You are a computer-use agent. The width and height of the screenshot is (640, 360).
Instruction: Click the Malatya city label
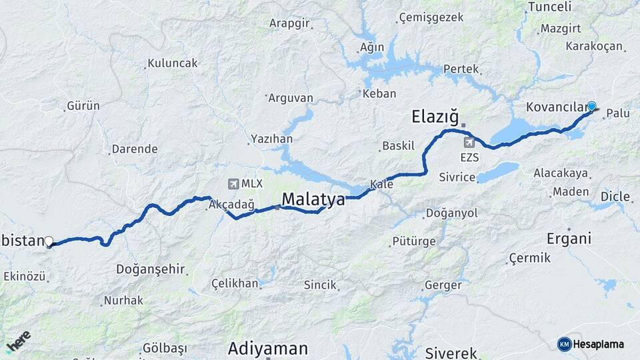coord(313,199)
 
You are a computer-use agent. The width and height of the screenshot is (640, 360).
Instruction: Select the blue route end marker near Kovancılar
coord(591,106)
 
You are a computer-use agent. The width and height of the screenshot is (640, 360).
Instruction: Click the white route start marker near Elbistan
coord(49,241)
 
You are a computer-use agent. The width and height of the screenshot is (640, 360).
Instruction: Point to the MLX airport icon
coord(233,183)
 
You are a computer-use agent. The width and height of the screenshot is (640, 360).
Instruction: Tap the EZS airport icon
coord(469,142)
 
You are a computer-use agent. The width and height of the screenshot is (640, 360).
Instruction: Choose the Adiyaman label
coord(268,348)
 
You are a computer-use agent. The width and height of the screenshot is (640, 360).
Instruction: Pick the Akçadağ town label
coord(231,205)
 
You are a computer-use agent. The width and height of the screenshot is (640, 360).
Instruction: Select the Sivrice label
coord(457,177)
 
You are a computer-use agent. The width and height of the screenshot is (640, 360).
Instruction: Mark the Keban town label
coord(379,94)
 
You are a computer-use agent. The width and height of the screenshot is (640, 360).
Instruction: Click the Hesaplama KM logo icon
coord(564,344)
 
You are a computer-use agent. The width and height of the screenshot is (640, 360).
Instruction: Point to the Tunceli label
coord(549,7)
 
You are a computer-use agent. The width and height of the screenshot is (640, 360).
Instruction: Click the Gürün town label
coord(83,106)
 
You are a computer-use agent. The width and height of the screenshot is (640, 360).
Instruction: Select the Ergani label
coord(569,239)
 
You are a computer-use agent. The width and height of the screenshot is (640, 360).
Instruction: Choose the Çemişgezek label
coord(431,17)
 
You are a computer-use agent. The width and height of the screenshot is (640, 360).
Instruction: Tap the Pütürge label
coord(413,241)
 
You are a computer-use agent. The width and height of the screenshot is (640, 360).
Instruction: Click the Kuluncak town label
coord(173,63)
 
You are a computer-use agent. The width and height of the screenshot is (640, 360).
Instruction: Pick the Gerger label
coord(443,285)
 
